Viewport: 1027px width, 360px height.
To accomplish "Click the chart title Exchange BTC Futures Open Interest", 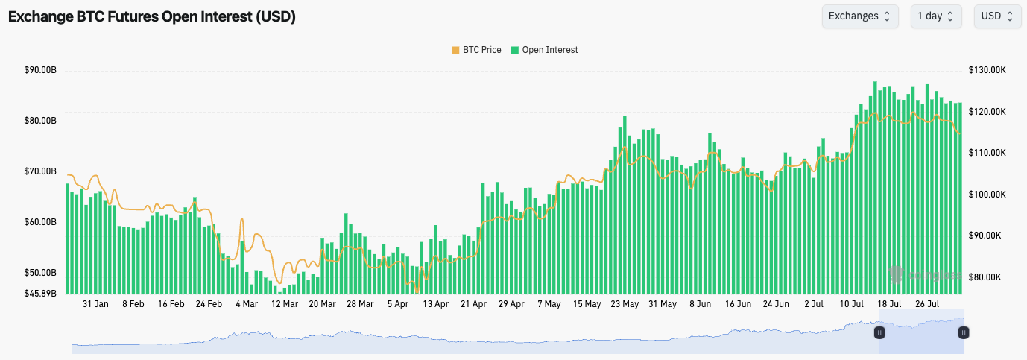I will (152, 16).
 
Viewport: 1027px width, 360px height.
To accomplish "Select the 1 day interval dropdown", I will (935, 16).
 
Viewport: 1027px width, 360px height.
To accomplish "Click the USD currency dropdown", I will (997, 16).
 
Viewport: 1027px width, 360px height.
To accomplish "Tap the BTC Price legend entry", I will (476, 50).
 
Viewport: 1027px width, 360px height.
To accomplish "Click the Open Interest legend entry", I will (544, 50).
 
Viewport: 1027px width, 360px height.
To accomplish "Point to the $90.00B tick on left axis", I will (40, 70).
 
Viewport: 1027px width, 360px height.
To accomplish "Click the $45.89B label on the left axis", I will (40, 293).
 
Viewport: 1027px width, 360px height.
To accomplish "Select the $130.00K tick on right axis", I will (988, 70).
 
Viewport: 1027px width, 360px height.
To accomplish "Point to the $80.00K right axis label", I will (988, 277).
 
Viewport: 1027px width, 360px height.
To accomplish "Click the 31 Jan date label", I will (95, 304).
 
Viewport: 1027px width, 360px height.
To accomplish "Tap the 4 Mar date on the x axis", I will (246, 304).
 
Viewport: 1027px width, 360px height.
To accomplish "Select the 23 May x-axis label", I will (625, 304).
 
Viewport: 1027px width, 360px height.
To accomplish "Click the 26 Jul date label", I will (926, 304).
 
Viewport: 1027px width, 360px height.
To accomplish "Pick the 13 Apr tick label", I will (435, 304).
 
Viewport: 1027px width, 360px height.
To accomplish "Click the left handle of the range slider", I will (879, 332).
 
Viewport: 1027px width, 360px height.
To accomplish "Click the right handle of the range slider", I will (963, 332).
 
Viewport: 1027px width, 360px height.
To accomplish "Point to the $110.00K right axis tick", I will (988, 152).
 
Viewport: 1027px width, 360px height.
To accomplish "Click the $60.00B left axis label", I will (40, 222).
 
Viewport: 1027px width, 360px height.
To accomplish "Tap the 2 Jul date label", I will (814, 304).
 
